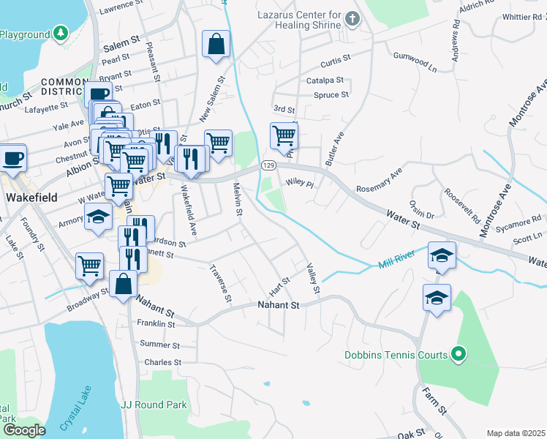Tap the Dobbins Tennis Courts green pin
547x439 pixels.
459,355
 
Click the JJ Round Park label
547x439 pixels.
154,405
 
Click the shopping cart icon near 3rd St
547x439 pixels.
284,135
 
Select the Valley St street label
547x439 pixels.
314,278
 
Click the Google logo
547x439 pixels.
23,430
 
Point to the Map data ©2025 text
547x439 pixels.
516,433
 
